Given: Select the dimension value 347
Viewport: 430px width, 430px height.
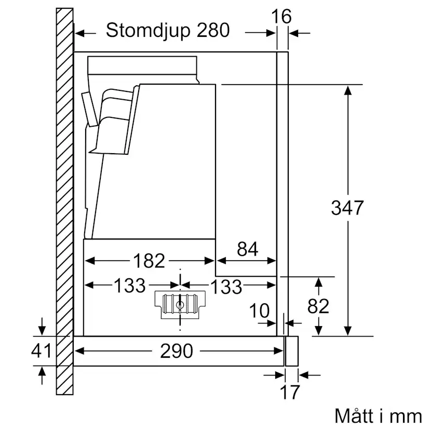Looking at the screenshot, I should click(348, 208).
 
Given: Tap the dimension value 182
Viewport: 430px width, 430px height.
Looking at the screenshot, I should click(149, 261).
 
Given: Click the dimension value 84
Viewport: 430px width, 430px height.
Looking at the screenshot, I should click(247, 250).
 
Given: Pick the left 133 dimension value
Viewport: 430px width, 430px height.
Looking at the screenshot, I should click(129, 285).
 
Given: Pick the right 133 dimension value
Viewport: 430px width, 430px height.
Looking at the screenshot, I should click(226, 286).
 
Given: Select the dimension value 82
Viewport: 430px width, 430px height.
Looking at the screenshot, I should click(318, 306).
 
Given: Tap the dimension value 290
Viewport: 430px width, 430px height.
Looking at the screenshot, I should click(177, 351).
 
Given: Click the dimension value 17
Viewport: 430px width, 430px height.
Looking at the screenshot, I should click(290, 393).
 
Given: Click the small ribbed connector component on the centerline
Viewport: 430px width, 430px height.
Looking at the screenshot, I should click(179, 304).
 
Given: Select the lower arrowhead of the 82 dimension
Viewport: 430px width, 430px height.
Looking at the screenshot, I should click(318, 331).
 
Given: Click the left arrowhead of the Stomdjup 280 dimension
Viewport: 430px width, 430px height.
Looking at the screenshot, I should click(79, 33).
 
